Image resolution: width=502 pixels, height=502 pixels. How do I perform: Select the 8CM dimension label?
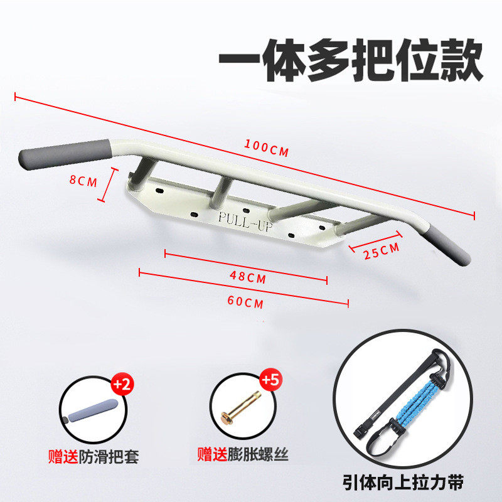[x=83, y=181]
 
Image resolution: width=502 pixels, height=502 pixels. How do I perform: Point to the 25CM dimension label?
[x=382, y=250]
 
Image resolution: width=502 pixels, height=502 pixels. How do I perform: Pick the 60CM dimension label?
[x=245, y=302]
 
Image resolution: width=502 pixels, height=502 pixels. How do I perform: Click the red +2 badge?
[x=120, y=384]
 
